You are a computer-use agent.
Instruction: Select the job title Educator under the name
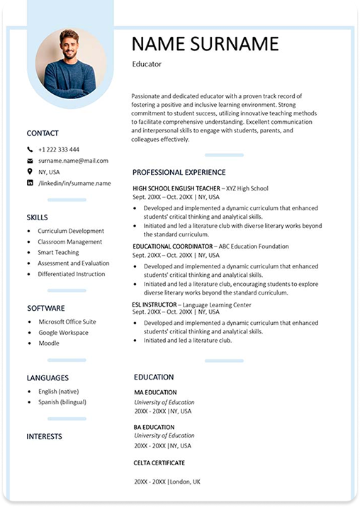pyautogui.click(x=147, y=64)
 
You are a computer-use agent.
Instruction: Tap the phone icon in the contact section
pyautogui.click(x=30, y=149)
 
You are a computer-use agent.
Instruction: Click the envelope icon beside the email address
pyautogui.click(x=30, y=161)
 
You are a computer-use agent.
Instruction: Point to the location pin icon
pyautogui.click(x=30, y=171)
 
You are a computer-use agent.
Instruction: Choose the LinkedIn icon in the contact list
pyautogui.click(x=30, y=183)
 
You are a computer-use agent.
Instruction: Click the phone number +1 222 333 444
pyautogui.click(x=59, y=149)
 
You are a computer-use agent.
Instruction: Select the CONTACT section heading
pyautogui.click(x=43, y=133)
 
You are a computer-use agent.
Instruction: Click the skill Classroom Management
pyautogui.click(x=70, y=241)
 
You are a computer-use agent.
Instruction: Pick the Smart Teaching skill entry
pyautogui.click(x=58, y=252)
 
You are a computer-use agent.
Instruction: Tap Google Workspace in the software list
pyautogui.click(x=63, y=332)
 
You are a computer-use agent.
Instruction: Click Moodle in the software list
pyautogui.click(x=49, y=343)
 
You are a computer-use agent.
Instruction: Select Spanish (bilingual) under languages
pyautogui.click(x=62, y=402)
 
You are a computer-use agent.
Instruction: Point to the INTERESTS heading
pyautogui.click(x=44, y=436)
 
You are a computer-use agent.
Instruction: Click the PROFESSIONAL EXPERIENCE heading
pyautogui.click(x=179, y=172)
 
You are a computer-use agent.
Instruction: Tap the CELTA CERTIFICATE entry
pyautogui.click(x=159, y=462)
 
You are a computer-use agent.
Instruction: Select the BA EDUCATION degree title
pyautogui.click(x=154, y=427)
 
